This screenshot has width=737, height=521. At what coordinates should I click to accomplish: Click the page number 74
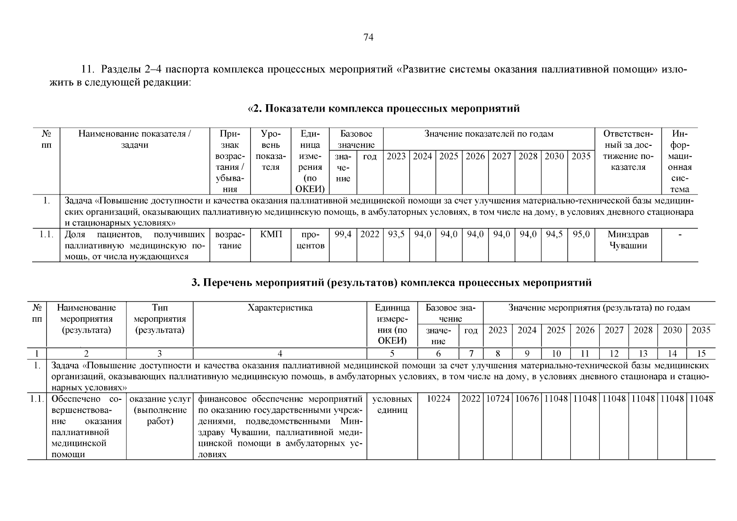[368, 38]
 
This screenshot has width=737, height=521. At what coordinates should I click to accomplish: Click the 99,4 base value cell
[343, 234]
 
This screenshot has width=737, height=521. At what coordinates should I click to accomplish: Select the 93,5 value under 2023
[396, 234]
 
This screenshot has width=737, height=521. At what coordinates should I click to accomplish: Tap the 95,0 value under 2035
[581, 234]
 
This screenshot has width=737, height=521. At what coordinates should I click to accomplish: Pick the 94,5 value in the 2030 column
[554, 234]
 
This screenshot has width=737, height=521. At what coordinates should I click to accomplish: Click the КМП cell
[271, 234]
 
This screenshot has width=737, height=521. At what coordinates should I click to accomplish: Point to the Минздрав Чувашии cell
[628, 240]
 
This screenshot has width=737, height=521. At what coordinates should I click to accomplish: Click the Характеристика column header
[280, 308]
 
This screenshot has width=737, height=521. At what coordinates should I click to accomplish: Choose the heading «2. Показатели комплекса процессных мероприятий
[383, 109]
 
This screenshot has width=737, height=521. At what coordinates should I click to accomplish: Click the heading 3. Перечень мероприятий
[391, 283]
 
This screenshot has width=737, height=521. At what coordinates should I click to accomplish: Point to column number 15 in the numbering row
[701, 353]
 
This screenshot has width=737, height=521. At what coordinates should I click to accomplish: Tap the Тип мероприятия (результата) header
[160, 319]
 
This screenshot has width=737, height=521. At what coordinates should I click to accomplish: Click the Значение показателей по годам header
[489, 134]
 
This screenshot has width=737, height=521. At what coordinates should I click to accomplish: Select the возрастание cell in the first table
[230, 240]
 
